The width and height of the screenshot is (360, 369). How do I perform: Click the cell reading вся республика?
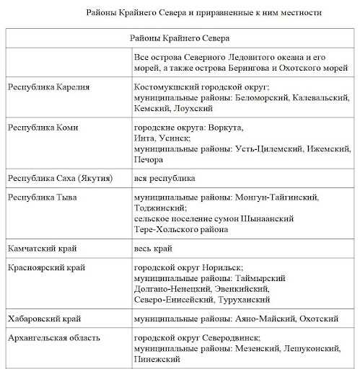click(x=165, y=177)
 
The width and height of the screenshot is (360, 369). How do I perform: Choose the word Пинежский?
click(x=158, y=358)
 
